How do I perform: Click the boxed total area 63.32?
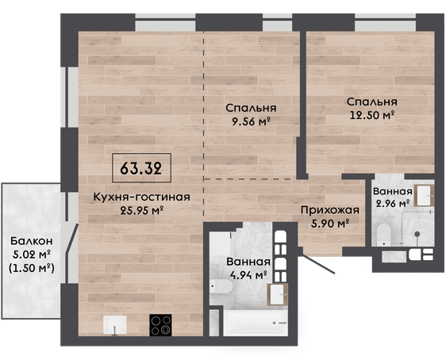click(x=141, y=168)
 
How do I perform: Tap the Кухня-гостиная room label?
click(x=141, y=197)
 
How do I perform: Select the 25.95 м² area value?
click(x=141, y=211)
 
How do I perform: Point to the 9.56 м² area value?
click(x=251, y=121)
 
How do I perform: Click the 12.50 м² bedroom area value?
click(x=371, y=115)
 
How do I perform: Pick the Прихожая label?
click(x=330, y=211)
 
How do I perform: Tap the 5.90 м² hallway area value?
click(x=330, y=224)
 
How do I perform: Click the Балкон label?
click(x=32, y=241)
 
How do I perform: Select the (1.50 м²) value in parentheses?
click(x=32, y=268)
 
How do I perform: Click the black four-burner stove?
click(x=161, y=325)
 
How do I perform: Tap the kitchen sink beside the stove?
click(x=115, y=325)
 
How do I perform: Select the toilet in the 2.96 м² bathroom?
click(x=383, y=235)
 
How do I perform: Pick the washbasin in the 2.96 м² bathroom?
click(x=424, y=196)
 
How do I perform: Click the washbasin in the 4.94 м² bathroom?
click(x=277, y=294)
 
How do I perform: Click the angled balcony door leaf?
click(x=72, y=238)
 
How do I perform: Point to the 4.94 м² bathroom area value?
click(x=248, y=275)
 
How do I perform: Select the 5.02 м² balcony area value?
click(x=32, y=255)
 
